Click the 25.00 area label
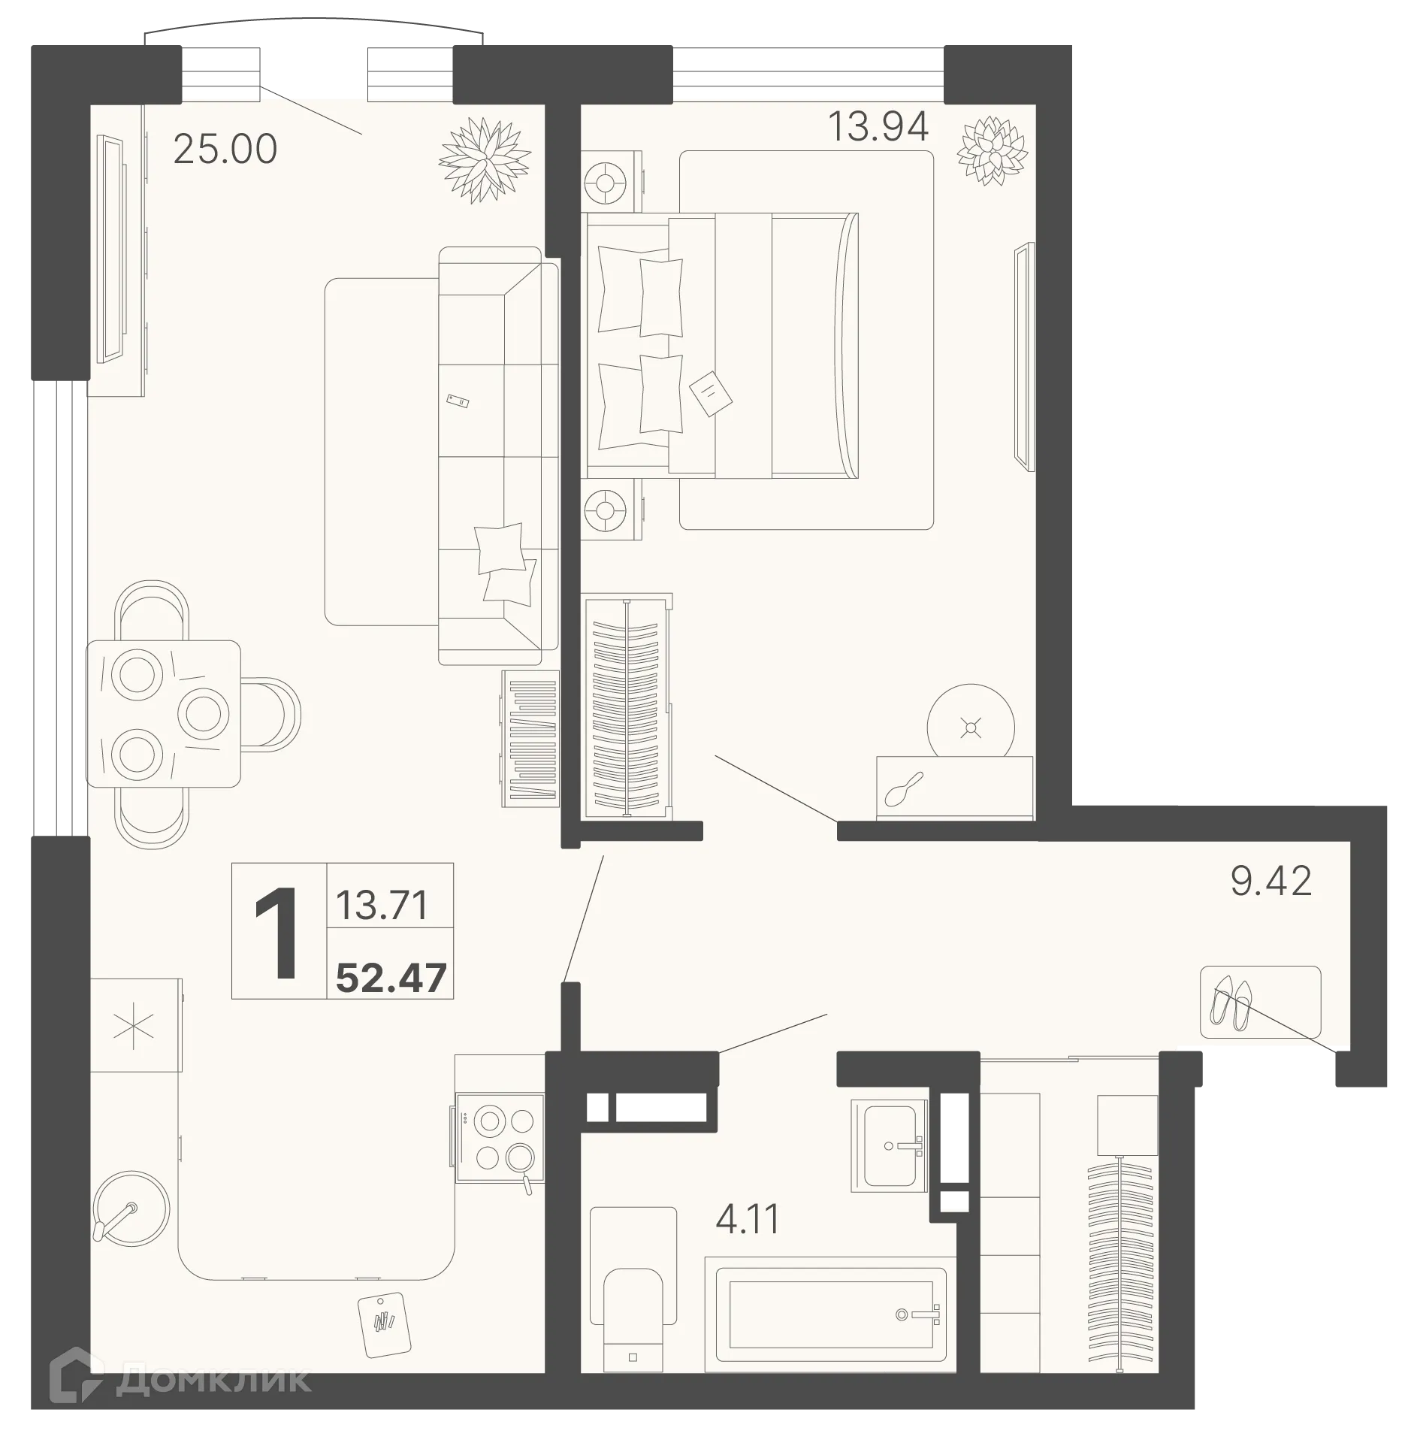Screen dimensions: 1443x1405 [225, 150]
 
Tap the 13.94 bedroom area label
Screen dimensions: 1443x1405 [878, 126]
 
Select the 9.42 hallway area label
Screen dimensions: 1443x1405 [1271, 880]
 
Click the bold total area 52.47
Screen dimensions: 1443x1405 [391, 978]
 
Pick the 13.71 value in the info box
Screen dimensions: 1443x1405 [382, 905]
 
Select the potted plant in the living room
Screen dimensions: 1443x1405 [485, 160]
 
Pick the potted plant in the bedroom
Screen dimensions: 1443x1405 [992, 150]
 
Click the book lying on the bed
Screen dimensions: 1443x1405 [710, 393]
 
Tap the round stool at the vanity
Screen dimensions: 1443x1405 [971, 726]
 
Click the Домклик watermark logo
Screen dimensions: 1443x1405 [180, 1379]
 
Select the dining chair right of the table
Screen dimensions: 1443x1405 [270, 713]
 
